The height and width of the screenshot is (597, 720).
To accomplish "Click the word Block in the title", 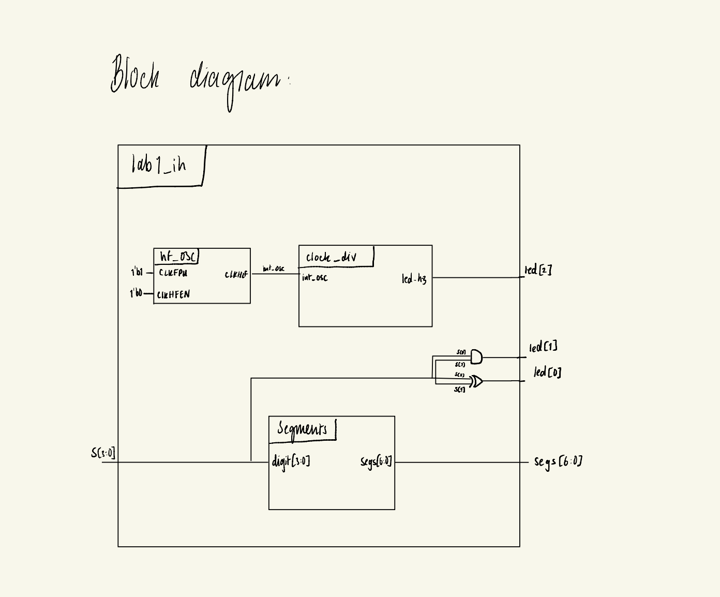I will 134,75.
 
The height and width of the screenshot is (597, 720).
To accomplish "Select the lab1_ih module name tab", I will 159,166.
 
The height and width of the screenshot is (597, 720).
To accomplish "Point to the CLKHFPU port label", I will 173,273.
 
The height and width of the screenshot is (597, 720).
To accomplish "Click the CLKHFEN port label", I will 173,294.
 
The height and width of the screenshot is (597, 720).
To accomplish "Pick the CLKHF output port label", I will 236,275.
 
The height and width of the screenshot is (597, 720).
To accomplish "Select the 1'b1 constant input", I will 137,272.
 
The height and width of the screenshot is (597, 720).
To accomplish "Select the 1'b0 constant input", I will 136,293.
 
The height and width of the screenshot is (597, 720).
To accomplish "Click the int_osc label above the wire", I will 273,268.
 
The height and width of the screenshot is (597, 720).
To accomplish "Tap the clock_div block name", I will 331,257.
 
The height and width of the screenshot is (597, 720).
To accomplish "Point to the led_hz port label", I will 414,279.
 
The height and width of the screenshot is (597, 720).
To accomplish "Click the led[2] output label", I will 538,270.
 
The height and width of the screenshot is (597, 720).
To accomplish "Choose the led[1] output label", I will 543,348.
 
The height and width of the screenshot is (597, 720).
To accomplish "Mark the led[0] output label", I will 547,372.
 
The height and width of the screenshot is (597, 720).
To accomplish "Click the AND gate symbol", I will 476,357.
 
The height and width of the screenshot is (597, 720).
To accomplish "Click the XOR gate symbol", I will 476,382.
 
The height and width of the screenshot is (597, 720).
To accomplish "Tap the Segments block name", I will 302,429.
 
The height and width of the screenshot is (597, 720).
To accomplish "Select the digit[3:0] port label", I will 291,461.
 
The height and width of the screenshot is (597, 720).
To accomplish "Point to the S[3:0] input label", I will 103,453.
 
